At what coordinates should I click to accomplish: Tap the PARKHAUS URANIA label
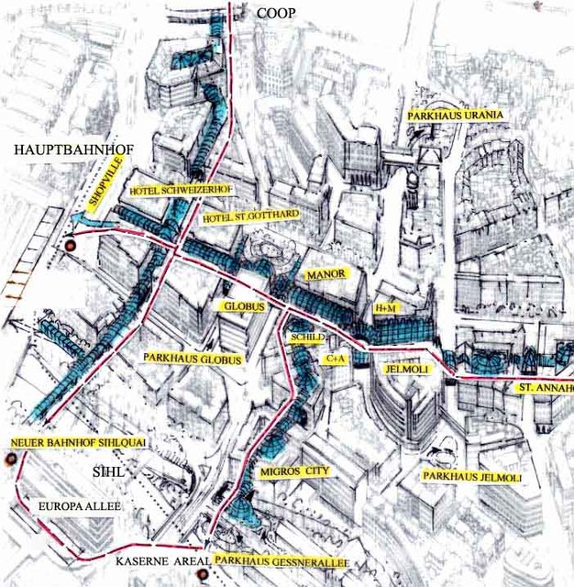tap(454, 115)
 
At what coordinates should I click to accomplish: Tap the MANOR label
tap(325, 274)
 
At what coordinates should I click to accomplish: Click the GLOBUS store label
tap(243, 306)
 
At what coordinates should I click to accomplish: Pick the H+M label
tap(383, 309)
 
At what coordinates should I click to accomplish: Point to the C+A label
tap(337, 360)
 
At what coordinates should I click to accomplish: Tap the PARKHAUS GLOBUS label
tap(192, 359)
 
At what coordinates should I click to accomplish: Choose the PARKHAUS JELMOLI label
tap(471, 478)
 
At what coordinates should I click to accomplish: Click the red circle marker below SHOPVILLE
tap(71, 246)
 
